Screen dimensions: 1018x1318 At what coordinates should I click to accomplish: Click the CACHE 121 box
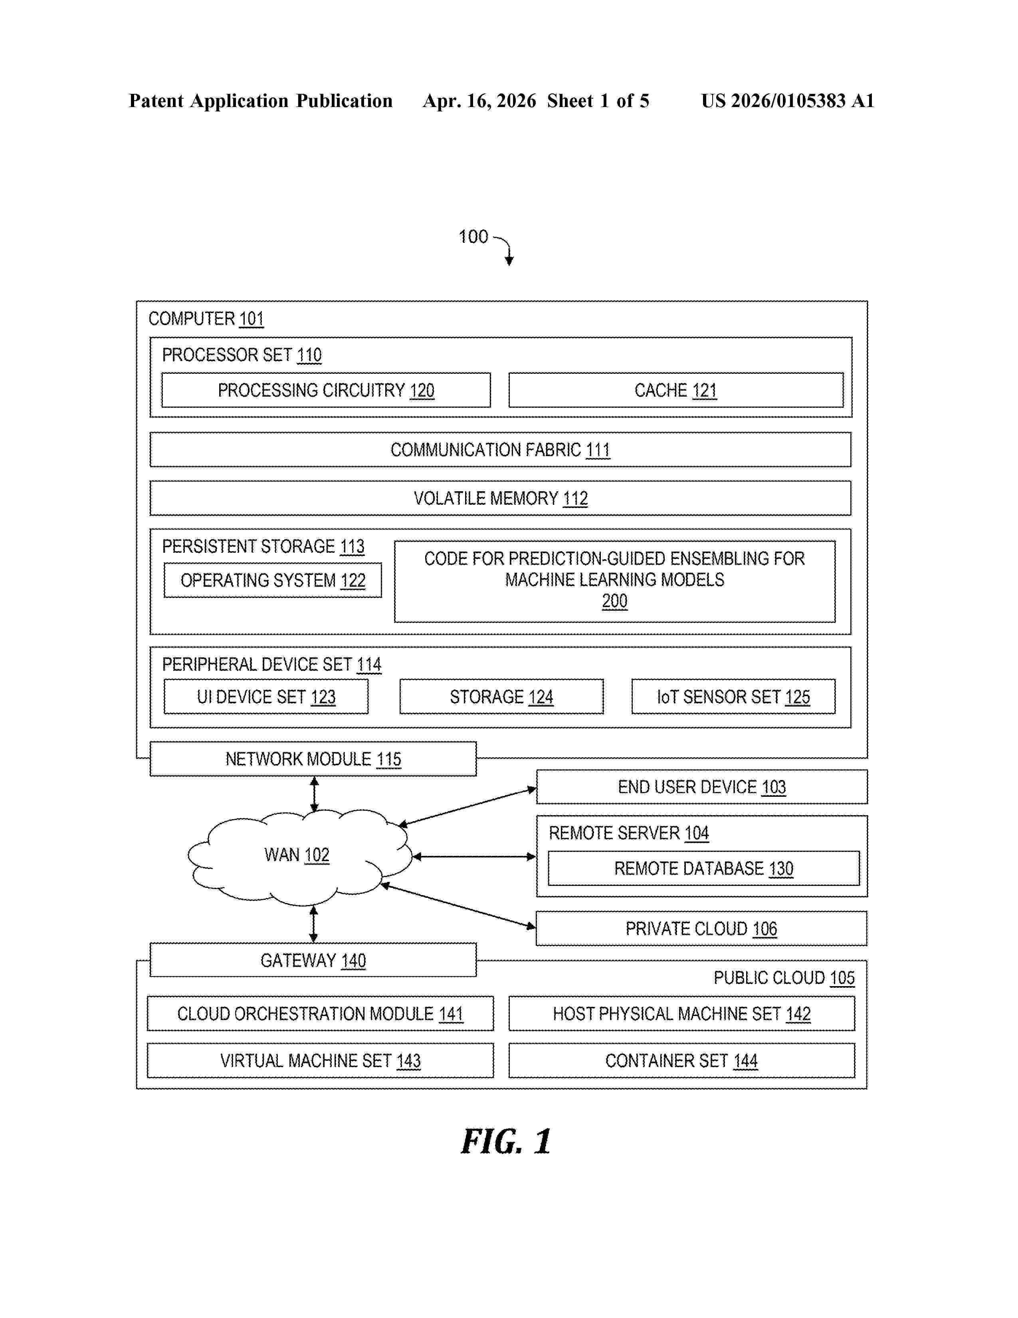[x=675, y=390]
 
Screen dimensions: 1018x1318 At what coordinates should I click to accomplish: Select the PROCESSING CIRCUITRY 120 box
[x=326, y=390]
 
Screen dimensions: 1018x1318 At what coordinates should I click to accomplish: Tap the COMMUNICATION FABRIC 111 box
[x=500, y=450]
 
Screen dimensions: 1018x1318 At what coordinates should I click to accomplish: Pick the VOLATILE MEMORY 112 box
[x=500, y=498]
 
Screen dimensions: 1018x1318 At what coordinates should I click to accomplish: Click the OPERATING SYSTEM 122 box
[x=273, y=580]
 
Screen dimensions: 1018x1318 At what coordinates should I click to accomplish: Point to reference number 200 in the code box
[x=614, y=601]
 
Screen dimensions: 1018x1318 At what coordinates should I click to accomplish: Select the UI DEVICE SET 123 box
[x=266, y=697]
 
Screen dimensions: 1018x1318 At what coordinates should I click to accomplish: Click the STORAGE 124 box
[x=501, y=697]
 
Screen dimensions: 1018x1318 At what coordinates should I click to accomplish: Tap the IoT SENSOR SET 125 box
[x=733, y=697]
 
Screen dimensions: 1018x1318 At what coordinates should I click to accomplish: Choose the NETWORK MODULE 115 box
[x=313, y=758]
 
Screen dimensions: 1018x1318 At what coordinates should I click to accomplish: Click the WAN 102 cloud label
[x=297, y=855]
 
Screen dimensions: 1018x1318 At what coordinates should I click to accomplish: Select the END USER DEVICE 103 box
[x=702, y=786]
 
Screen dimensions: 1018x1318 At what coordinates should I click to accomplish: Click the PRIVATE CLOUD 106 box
[x=701, y=928]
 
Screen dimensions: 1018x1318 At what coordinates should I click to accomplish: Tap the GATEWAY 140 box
[x=313, y=959]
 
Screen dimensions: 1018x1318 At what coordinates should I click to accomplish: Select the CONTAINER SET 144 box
[x=681, y=1060]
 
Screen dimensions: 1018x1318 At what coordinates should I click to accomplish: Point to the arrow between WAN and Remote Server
[x=474, y=856]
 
